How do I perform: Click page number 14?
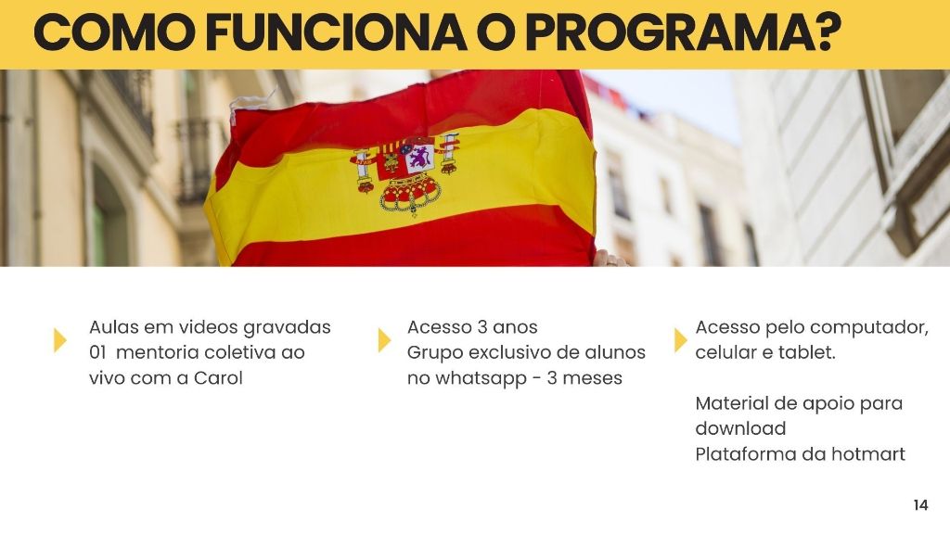(x=920, y=505)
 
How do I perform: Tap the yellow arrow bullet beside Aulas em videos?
(x=60, y=340)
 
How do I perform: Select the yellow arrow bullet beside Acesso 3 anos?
(x=385, y=340)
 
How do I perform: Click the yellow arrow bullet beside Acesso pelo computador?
(x=681, y=340)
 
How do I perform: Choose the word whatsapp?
(x=472, y=379)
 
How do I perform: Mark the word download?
(x=740, y=428)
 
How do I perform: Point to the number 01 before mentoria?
(x=97, y=352)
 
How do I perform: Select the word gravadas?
(x=287, y=328)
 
